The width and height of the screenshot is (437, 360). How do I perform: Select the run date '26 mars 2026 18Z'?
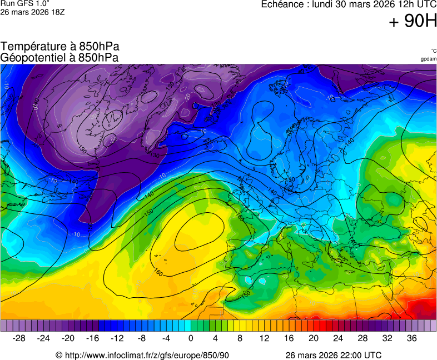pyautogui.click(x=33, y=12)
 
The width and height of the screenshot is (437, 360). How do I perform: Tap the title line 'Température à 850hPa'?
pyautogui.click(x=60, y=47)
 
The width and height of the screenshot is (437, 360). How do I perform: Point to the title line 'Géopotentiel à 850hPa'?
pyautogui.click(x=59, y=57)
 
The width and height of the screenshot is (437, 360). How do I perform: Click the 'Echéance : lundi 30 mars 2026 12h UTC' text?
pyautogui.click(x=349, y=4)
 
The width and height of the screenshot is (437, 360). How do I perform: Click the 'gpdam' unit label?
pyautogui.click(x=428, y=59)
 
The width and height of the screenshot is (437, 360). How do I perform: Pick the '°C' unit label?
pyautogui.click(x=433, y=51)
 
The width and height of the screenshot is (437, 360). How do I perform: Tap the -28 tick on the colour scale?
pyautogui.click(x=19, y=338)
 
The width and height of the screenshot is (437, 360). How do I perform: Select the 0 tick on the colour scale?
pyautogui.click(x=191, y=338)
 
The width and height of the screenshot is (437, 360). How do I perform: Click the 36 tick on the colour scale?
pyautogui.click(x=411, y=338)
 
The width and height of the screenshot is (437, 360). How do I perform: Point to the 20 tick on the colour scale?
pyautogui.click(x=314, y=338)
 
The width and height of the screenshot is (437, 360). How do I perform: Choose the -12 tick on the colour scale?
pyautogui.click(x=117, y=338)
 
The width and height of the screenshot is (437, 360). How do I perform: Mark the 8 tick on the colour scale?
pyautogui.click(x=240, y=338)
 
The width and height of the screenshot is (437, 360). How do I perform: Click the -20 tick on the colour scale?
pyautogui.click(x=68, y=338)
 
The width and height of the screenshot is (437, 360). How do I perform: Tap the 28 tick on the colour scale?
pyautogui.click(x=362, y=338)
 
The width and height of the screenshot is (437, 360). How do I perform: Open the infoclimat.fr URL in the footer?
pyautogui.click(x=142, y=355)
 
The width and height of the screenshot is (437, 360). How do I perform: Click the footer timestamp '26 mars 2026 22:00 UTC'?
pyautogui.click(x=333, y=355)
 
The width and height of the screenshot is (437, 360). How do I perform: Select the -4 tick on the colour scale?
pyautogui.click(x=166, y=338)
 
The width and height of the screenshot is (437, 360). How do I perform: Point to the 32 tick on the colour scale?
pyautogui.click(x=387, y=338)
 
